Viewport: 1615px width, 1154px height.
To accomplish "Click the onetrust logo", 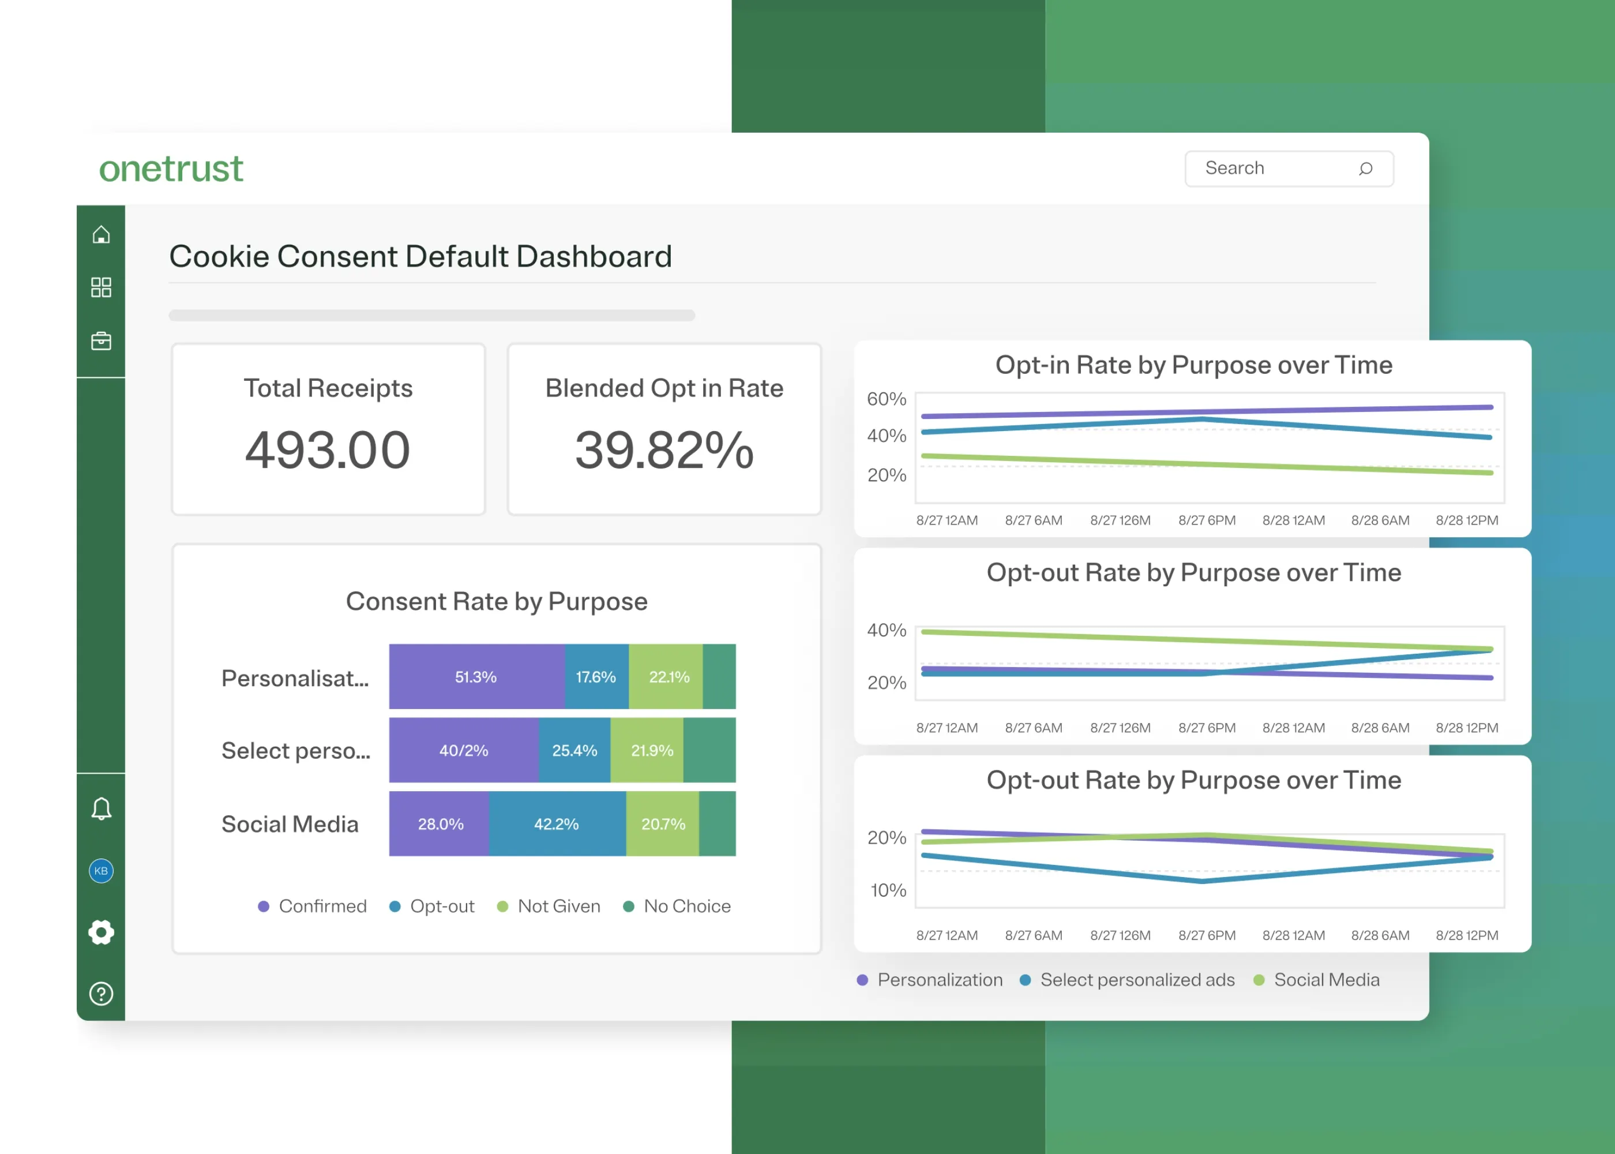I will [171, 169].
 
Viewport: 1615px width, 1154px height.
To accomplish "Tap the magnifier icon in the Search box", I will [1365, 168].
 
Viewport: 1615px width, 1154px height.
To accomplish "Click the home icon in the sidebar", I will [101, 234].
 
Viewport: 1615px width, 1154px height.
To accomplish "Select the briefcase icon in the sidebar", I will [101, 341].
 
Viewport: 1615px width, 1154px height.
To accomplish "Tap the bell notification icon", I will [101, 808].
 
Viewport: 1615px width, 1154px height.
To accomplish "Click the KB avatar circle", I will [101, 871].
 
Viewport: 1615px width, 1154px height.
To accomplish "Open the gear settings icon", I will [101, 932].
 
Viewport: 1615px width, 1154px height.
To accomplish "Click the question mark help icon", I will [101, 994].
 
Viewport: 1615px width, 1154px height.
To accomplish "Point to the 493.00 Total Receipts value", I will [328, 450].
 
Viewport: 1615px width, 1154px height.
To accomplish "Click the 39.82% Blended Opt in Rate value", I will [663, 450].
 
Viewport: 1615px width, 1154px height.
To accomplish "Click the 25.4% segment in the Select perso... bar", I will [574, 750].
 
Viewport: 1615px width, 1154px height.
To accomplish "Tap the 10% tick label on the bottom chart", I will [888, 890].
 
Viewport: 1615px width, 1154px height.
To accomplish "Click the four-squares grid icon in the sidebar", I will [101, 287].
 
